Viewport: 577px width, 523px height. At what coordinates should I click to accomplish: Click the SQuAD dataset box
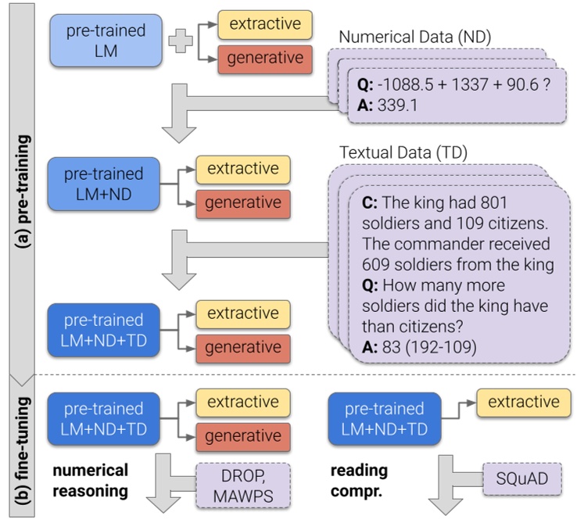pyautogui.click(x=516, y=478)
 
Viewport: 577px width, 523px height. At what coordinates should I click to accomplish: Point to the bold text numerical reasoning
pyautogui.click(x=90, y=480)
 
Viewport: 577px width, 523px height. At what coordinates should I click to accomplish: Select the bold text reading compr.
pyautogui.click(x=359, y=480)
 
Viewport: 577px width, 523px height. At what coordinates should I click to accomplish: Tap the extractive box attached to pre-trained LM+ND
pyautogui.click(x=242, y=169)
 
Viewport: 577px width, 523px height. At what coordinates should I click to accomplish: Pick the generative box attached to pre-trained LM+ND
pyautogui.click(x=242, y=203)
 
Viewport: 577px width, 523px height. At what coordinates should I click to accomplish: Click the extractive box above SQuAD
pyautogui.click(x=523, y=403)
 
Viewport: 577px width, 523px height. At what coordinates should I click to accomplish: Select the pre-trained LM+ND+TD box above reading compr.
pyautogui.click(x=384, y=419)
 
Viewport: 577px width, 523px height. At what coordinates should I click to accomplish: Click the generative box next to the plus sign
pyautogui.click(x=264, y=59)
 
